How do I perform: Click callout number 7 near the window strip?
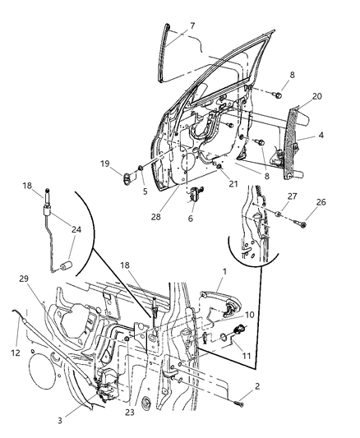[192, 26]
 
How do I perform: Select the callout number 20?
[317, 96]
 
